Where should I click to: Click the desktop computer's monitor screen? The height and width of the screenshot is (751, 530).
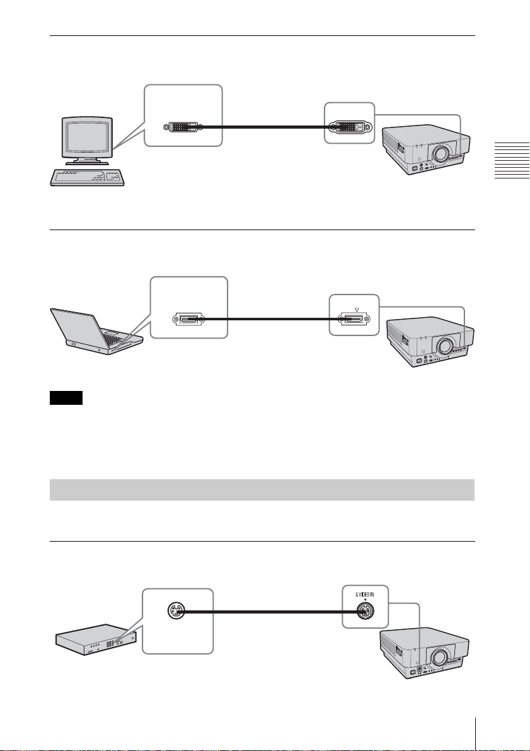click(83, 135)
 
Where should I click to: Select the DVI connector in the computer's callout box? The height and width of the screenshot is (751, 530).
click(183, 127)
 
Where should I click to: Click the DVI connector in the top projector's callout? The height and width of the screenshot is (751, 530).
click(350, 127)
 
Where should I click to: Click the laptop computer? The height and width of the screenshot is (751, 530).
click(95, 331)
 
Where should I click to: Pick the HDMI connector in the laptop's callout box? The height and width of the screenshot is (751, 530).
click(189, 320)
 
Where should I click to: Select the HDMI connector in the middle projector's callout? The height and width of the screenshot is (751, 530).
click(355, 320)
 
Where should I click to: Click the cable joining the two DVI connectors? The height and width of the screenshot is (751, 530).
click(265, 127)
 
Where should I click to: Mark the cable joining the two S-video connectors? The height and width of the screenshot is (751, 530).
click(265, 611)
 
